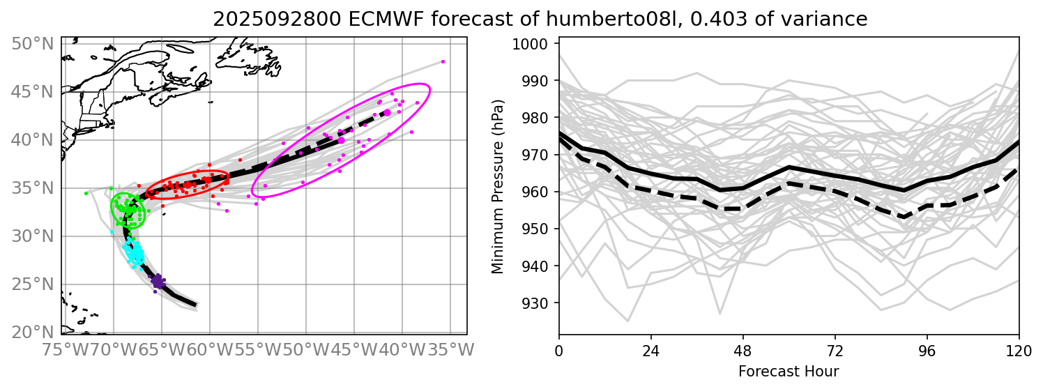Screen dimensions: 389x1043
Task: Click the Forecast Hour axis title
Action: pyautogui.click(x=789, y=371)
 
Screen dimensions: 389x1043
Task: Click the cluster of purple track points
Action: pyautogui.click(x=158, y=282)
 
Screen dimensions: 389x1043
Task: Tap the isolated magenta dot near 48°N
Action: pyautogui.click(x=443, y=61)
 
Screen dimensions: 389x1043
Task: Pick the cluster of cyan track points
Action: pyautogui.click(x=134, y=252)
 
